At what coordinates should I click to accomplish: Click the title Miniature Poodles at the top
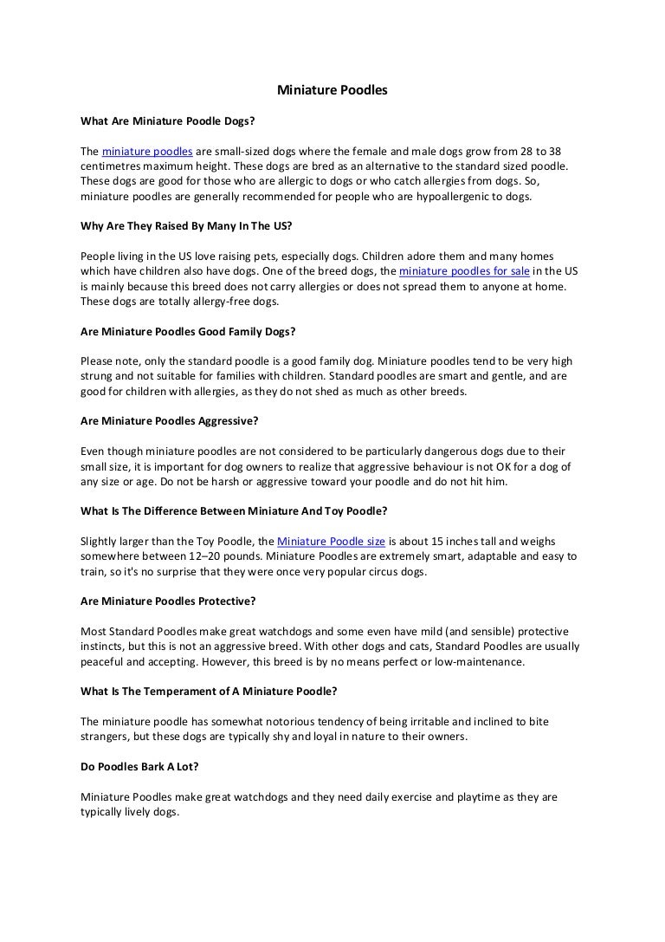[x=332, y=89]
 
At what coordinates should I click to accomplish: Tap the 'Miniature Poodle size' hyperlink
[x=332, y=542]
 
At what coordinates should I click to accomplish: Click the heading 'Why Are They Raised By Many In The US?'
[x=186, y=226]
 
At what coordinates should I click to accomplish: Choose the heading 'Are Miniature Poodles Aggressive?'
[x=170, y=421]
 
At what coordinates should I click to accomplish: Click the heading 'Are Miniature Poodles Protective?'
[x=168, y=601]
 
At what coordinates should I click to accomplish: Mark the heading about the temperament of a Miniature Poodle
[x=209, y=692]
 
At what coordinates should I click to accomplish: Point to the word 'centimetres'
[x=113, y=166]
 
